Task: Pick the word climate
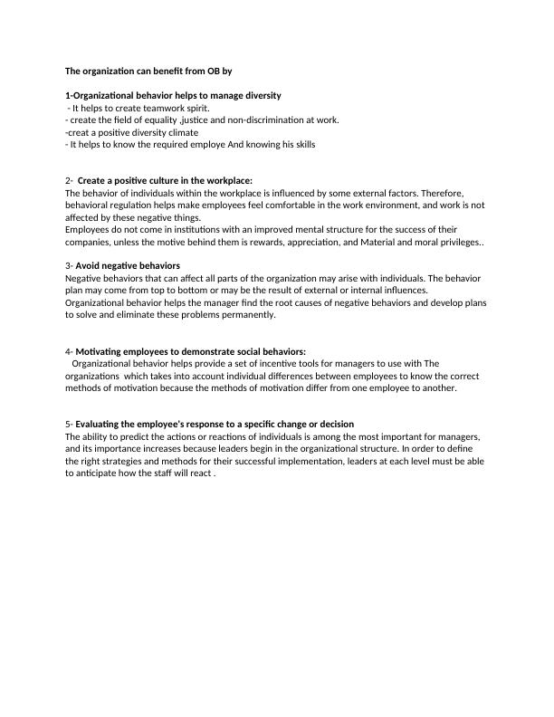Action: [180, 132]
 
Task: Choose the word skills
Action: [302, 144]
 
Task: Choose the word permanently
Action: [238, 315]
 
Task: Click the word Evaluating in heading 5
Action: [101, 425]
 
